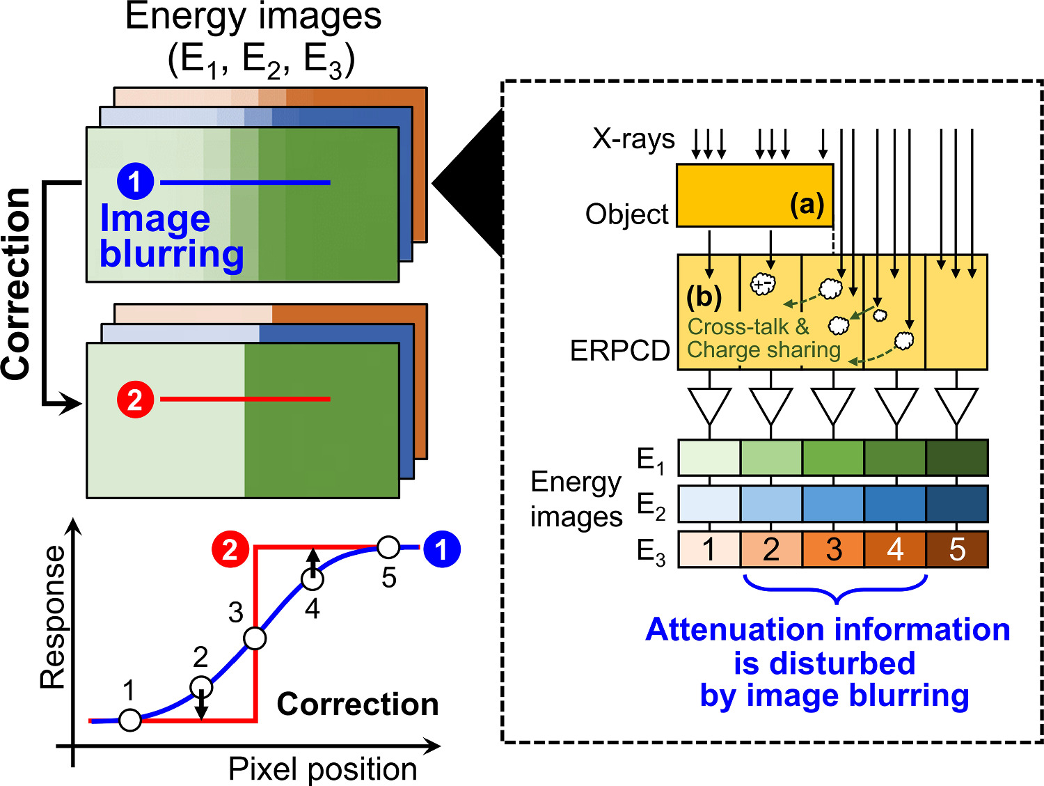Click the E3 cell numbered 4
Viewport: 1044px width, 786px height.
[x=895, y=550]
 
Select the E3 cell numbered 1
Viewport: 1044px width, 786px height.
[x=709, y=550]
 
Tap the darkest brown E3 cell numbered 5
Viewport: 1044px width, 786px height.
[x=957, y=550]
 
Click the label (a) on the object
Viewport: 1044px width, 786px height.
[x=807, y=204]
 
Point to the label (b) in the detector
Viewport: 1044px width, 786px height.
[x=704, y=297]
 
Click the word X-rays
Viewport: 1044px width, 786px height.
[x=633, y=139]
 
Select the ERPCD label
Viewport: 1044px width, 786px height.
[x=619, y=351]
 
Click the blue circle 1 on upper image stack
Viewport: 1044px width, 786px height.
[x=135, y=182]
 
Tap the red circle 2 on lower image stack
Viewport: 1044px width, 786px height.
[x=135, y=400]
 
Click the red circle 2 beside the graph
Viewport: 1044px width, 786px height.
[x=230, y=549]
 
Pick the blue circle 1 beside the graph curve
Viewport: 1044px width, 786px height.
[x=441, y=549]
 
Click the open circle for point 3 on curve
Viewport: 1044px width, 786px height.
[x=255, y=638]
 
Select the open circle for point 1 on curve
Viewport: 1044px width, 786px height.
[x=130, y=720]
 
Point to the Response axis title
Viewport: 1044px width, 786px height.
[x=53, y=618]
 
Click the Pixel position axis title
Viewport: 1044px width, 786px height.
[x=322, y=769]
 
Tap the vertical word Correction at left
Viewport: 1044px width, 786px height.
[x=17, y=284]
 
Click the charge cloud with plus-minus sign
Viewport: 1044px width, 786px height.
[x=763, y=283]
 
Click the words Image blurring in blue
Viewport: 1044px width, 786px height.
[x=171, y=237]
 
